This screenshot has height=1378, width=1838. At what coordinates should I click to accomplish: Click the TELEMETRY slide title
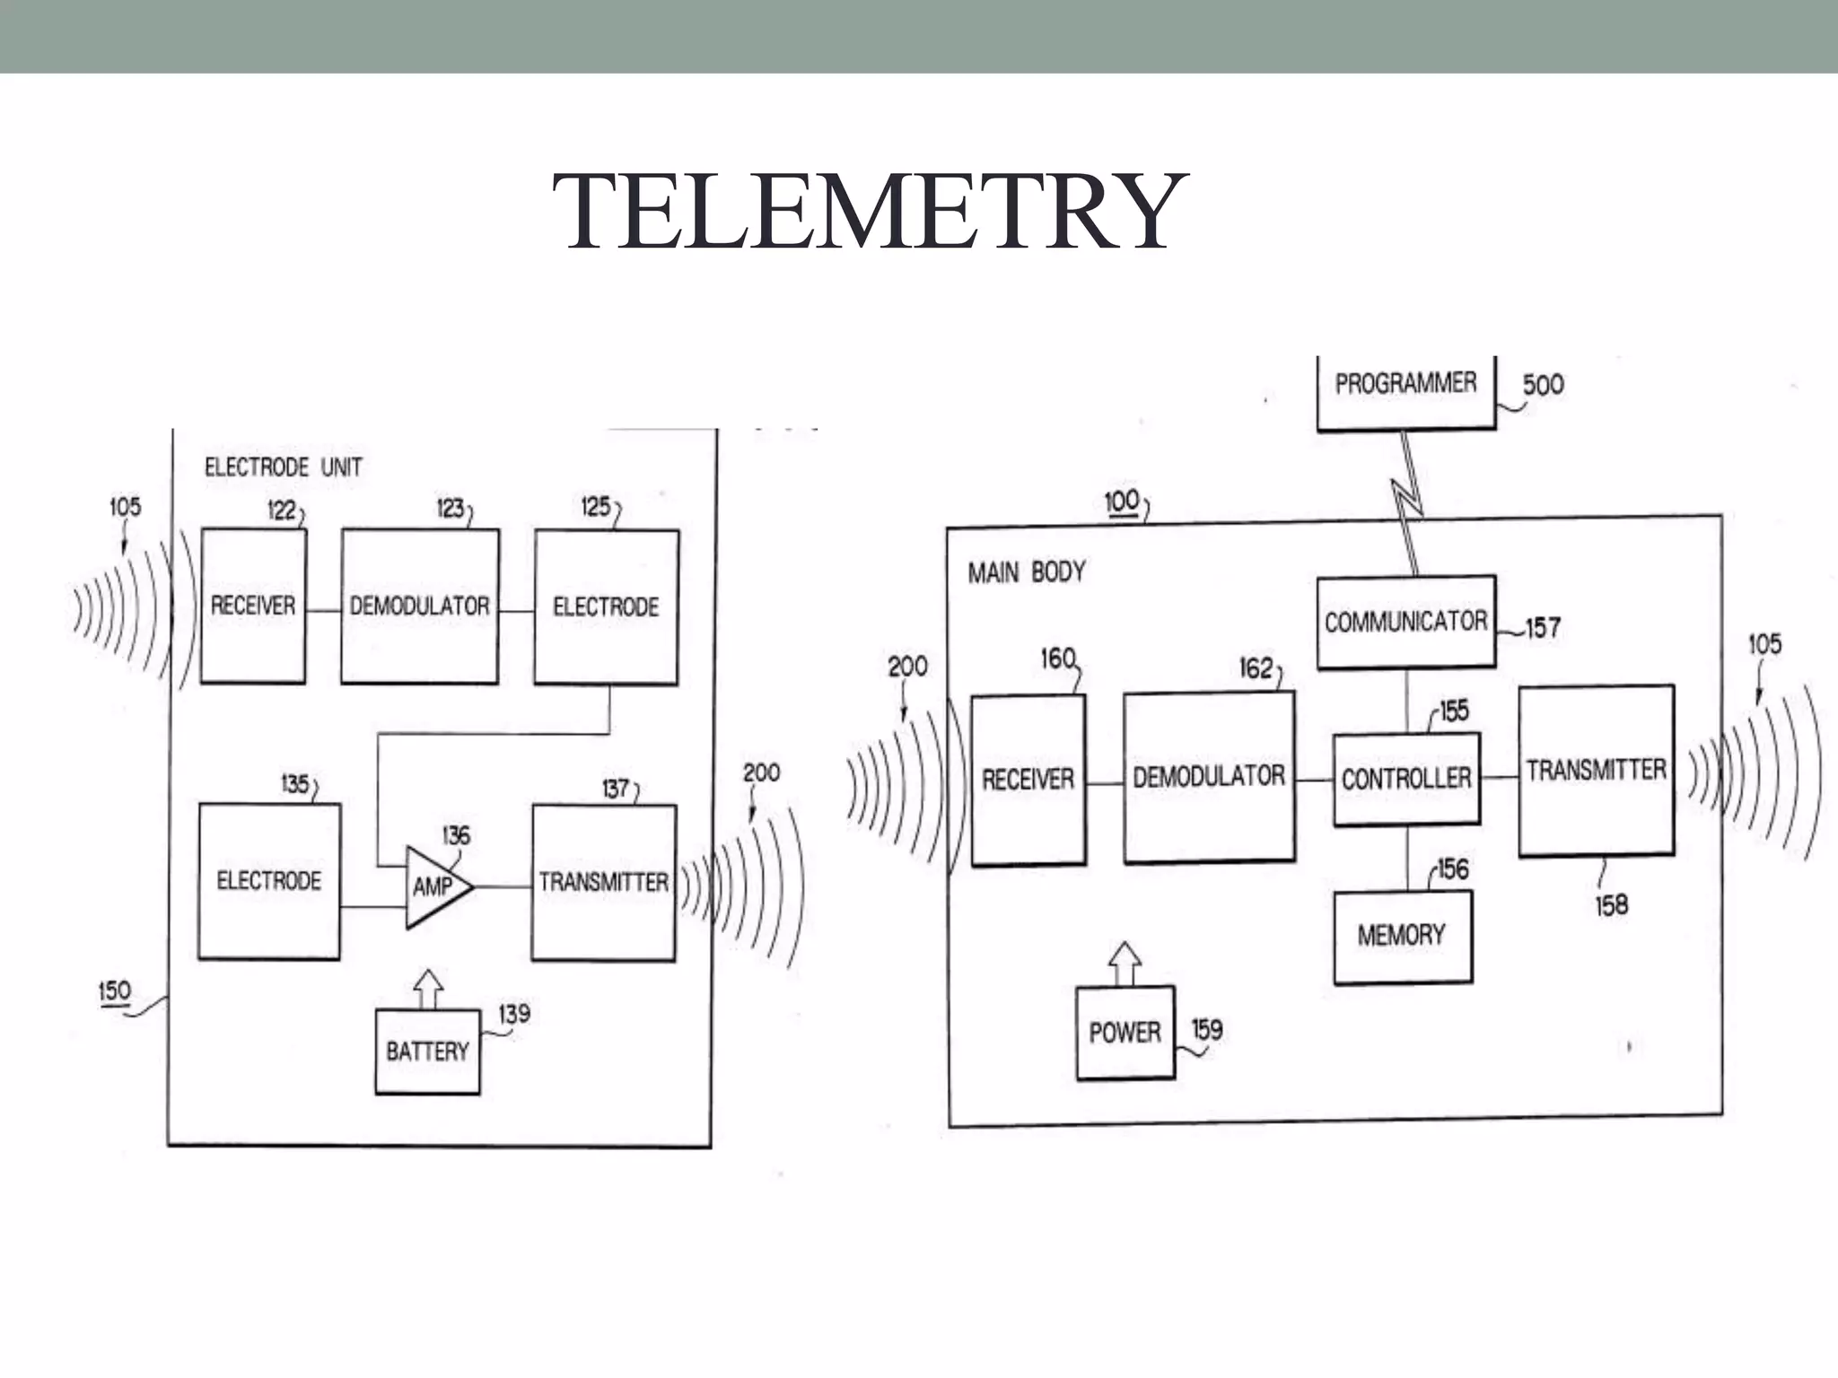[x=869, y=212]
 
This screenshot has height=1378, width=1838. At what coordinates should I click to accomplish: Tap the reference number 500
[x=1543, y=385]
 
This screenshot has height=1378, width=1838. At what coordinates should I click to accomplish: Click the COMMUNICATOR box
[x=1405, y=622]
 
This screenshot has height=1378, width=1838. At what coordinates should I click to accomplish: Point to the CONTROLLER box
[x=1405, y=779]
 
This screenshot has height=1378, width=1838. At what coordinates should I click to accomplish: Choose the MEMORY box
[x=1402, y=936]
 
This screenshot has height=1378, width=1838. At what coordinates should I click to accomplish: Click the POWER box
[x=1125, y=1033]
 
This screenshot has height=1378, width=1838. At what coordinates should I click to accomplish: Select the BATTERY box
[x=427, y=1051]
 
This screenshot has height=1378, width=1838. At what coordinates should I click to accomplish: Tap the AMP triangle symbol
[x=434, y=886]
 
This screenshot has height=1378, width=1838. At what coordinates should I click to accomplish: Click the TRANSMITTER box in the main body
[x=1596, y=771]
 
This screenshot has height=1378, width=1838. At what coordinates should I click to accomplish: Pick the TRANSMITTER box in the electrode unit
[x=603, y=883]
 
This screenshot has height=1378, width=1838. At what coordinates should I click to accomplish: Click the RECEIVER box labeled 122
[x=253, y=606]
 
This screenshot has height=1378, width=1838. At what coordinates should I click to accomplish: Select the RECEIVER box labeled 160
[x=1028, y=780]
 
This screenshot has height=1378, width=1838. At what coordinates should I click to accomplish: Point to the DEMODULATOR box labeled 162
[x=1208, y=777]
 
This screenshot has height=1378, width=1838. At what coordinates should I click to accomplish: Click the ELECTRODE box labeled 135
[x=268, y=881]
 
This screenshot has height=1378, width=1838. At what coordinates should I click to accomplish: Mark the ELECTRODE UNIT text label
[x=284, y=467]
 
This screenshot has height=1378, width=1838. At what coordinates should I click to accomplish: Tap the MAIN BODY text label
[x=1026, y=572]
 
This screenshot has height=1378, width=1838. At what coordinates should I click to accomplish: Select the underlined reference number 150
[x=115, y=991]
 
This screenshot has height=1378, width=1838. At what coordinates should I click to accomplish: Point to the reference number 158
[x=1611, y=905]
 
